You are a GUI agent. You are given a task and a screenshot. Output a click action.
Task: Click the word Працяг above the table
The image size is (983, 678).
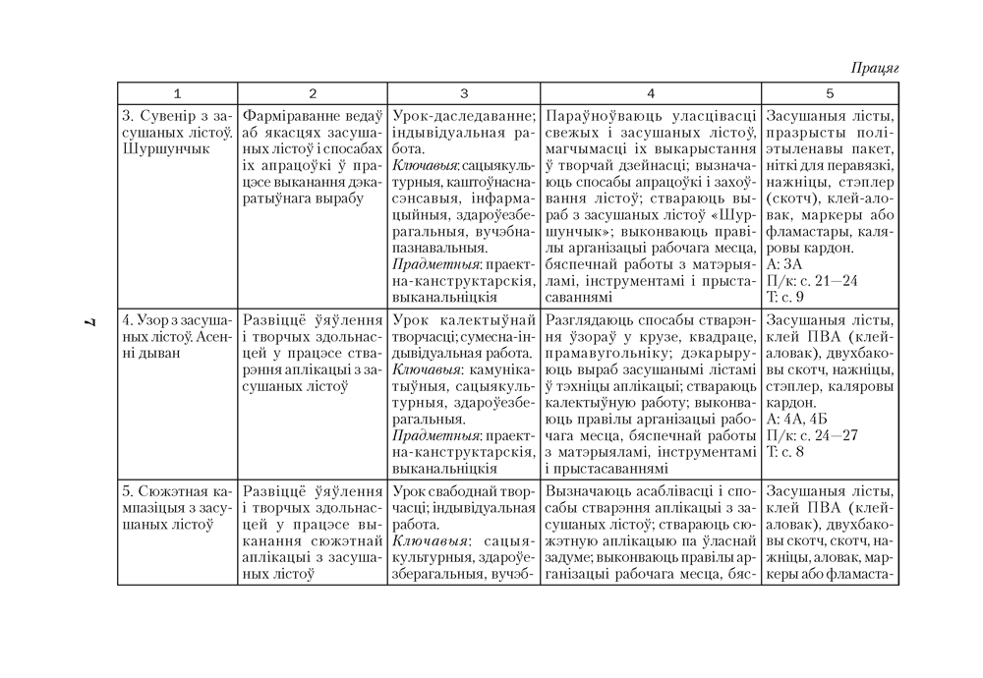pos(874,68)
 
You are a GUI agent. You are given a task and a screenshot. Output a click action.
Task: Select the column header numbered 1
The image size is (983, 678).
pos(177,93)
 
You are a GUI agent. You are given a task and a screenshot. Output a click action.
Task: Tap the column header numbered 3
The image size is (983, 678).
pos(463,93)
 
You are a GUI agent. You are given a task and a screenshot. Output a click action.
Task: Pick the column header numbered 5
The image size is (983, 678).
pos(830,93)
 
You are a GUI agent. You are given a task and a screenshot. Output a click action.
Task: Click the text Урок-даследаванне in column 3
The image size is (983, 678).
pos(463,115)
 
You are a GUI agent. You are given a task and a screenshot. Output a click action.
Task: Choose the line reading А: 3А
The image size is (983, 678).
pos(784,263)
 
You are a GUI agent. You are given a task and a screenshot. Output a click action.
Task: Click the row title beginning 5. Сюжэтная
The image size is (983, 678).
pos(177,490)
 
